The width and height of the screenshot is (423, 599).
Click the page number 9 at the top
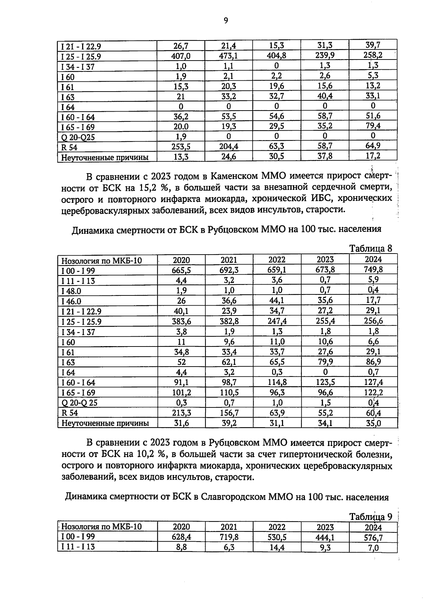point(226,21)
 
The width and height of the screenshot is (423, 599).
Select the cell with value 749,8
point(373,270)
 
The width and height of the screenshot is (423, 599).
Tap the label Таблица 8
point(370,248)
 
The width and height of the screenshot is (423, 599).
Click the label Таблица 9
point(370,517)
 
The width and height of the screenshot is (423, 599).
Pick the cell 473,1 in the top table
point(229,55)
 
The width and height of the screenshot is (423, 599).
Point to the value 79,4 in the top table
point(373,126)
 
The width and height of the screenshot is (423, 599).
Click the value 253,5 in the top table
point(181,146)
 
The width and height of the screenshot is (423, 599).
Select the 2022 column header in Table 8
point(277,260)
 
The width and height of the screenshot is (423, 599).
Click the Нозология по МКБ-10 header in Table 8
point(102,261)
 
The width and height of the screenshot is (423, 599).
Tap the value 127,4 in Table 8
point(373,382)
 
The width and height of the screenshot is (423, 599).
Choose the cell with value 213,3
point(181,413)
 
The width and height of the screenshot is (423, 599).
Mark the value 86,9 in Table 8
point(373,362)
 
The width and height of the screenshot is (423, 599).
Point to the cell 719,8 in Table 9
point(229,537)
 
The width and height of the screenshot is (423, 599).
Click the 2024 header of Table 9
point(373,527)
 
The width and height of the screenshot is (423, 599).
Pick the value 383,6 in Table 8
point(181,321)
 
